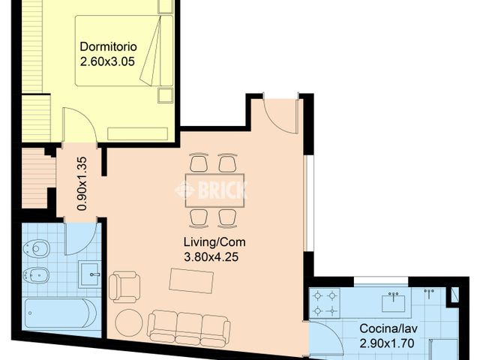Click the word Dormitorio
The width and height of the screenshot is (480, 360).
click(108, 46)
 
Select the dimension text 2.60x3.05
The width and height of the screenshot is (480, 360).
click(107, 62)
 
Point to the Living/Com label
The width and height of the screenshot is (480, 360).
click(214, 243)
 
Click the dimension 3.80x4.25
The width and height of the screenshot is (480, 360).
click(214, 257)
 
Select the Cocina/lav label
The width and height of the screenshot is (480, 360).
click(388, 328)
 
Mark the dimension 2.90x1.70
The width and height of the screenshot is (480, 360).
click(388, 343)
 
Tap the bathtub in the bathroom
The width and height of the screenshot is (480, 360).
click(60, 313)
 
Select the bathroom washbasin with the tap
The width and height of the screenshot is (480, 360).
click(90, 274)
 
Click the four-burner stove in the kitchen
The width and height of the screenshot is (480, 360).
click(325, 302)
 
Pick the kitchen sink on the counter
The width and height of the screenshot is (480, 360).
click(393, 302)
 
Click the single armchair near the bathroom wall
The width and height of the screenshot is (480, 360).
click(124, 286)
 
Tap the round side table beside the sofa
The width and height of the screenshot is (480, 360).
click(128, 322)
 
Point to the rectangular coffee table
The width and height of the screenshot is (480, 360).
click(191, 281)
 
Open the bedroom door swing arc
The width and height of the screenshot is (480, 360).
click(79, 126)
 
